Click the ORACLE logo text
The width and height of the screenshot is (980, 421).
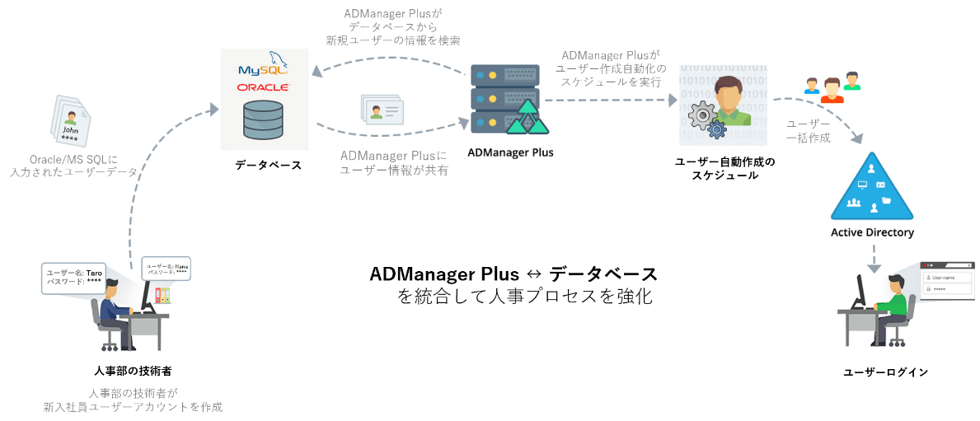pos(263,87)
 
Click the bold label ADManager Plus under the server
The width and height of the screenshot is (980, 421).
pos(510,152)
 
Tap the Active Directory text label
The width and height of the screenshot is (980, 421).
pos(872,232)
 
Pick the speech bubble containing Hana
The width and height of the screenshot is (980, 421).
pos(166,269)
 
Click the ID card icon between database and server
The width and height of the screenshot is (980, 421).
pos(382,110)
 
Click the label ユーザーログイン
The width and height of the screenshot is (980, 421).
pos(885,372)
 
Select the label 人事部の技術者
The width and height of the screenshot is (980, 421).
pos(133,371)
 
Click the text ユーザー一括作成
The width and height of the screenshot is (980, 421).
pos(807,130)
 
